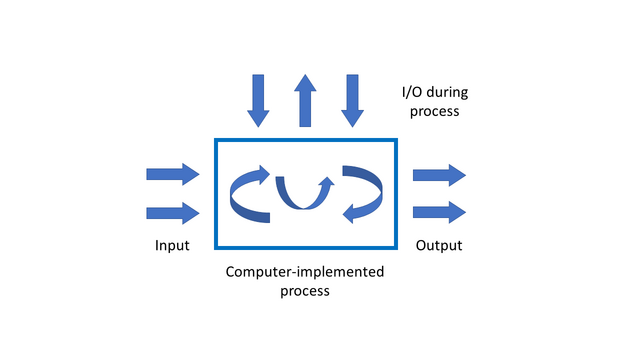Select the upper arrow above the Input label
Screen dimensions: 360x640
173,174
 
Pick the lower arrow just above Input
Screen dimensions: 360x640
173,212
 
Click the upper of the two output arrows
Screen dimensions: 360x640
439,174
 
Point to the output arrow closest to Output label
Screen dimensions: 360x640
439,211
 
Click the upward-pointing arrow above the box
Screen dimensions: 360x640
305,100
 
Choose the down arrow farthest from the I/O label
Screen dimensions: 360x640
259,100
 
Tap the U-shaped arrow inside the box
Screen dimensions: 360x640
300,192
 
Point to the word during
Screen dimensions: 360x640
448,93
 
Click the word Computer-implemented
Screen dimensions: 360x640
305,272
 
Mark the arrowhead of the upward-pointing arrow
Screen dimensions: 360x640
305,84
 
